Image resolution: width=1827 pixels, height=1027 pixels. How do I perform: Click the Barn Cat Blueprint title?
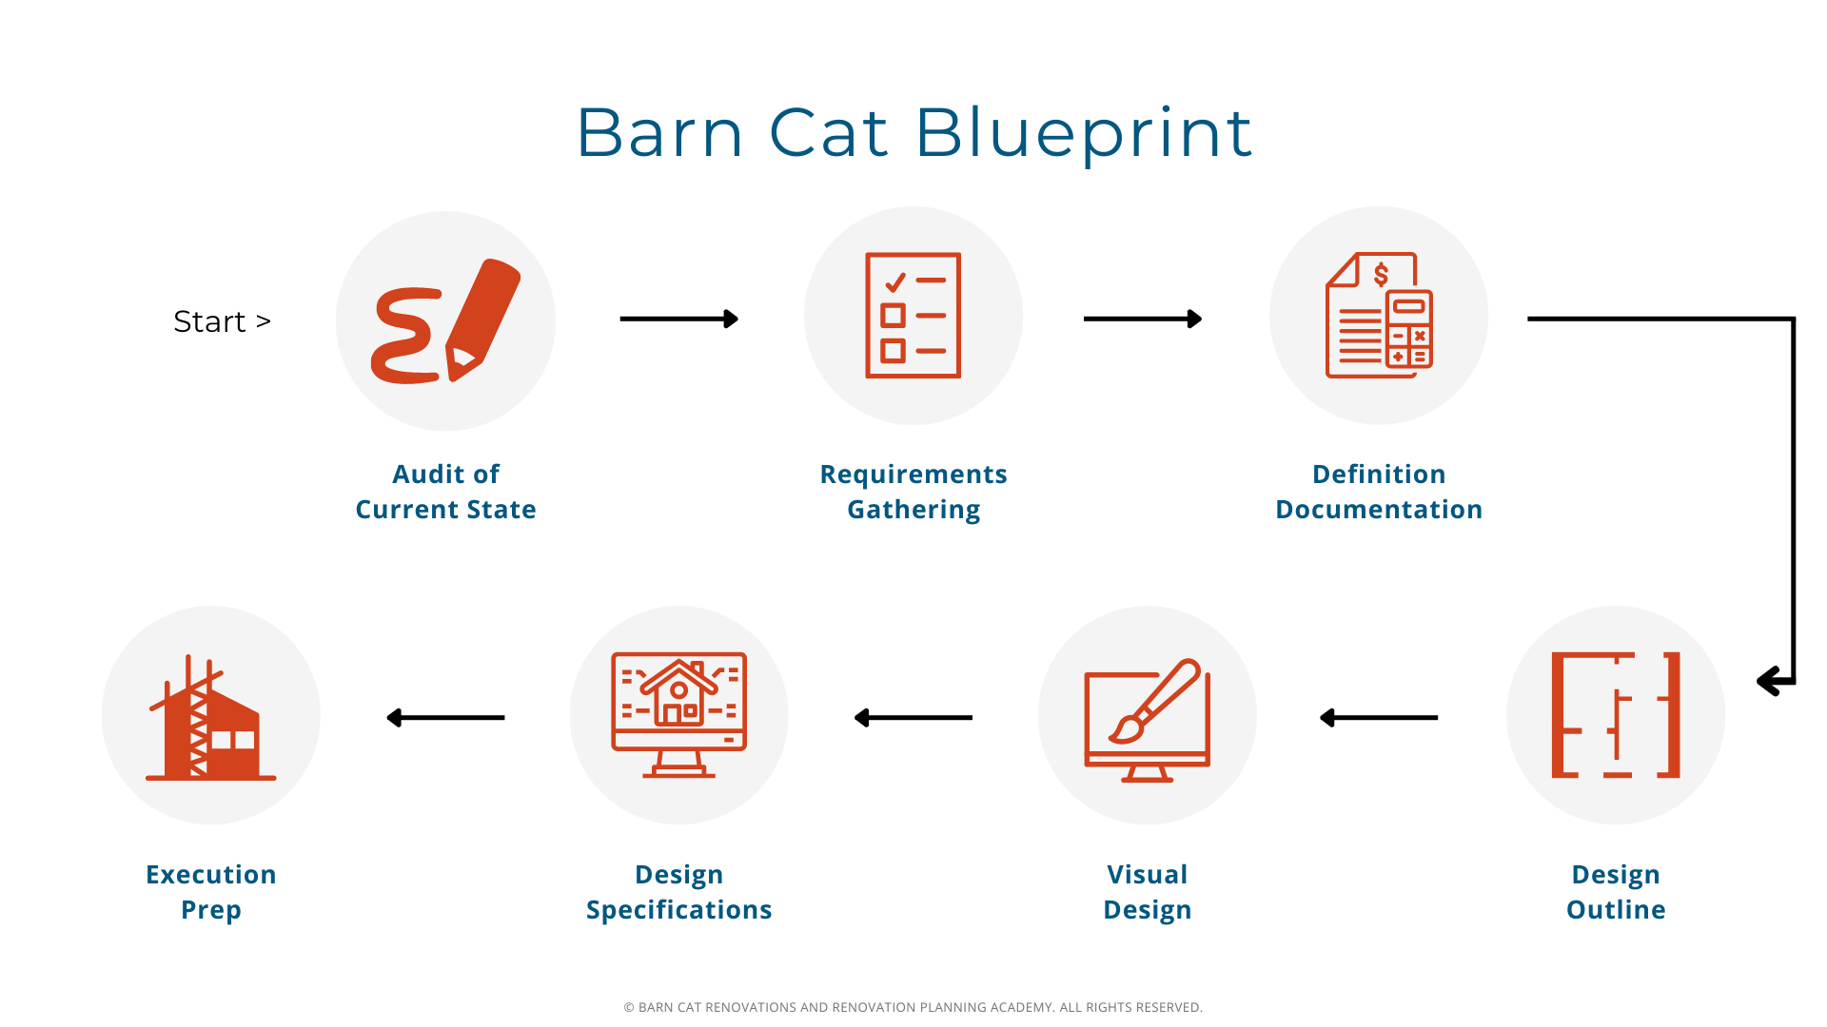913,133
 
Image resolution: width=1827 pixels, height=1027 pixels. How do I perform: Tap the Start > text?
222,321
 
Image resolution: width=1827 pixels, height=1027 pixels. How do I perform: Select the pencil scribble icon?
445,321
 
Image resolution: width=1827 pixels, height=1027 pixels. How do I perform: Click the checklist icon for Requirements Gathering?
913,316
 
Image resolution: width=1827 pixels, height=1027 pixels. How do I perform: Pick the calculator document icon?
1379,316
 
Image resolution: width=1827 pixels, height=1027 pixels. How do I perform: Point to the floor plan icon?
1616,715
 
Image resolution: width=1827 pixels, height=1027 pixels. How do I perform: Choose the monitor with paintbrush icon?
1148,720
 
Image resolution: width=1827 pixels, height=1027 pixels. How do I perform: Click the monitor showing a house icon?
678,715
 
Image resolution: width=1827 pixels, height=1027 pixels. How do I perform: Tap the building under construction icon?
211,717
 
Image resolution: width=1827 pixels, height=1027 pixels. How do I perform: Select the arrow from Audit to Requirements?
679,319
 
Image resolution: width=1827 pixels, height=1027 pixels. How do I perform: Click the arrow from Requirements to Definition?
1143,319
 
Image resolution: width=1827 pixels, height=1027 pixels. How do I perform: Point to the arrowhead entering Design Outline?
1772,681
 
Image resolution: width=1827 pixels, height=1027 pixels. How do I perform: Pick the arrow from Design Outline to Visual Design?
1379,718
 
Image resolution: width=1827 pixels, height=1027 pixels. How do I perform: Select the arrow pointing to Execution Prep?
445,718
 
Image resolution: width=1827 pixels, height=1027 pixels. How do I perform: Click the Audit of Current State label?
445,492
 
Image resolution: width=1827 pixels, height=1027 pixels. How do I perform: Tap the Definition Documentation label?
1379,492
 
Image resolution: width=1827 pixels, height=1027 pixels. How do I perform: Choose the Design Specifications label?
678,892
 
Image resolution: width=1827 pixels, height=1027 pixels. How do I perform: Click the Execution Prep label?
211,892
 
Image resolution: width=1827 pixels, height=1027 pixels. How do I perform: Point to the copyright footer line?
913,1007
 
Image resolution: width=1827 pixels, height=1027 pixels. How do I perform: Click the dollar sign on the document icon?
1381,275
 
